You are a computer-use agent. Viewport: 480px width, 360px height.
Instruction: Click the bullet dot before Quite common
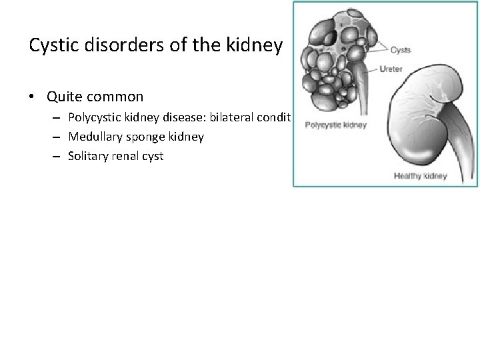click(32, 97)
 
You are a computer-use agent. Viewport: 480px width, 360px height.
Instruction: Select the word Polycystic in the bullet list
click(94, 117)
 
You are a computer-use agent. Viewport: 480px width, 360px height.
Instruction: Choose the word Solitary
click(88, 156)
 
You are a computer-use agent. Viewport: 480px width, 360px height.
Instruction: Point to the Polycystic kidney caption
click(335, 125)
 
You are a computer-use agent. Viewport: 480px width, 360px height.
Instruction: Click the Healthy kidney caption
click(420, 177)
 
